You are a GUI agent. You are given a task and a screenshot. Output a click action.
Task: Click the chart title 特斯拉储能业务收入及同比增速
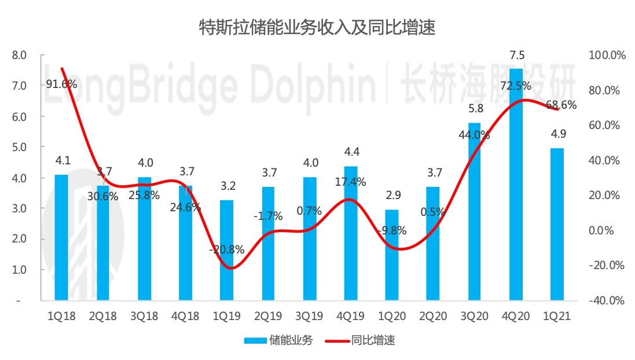point(317,27)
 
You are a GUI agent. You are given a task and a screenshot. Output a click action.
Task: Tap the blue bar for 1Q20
point(392,255)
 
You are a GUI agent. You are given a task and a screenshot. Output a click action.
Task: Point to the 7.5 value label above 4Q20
point(516,56)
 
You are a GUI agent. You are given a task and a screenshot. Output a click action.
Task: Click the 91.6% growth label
point(62,85)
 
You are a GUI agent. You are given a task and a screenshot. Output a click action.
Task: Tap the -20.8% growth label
point(226,250)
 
